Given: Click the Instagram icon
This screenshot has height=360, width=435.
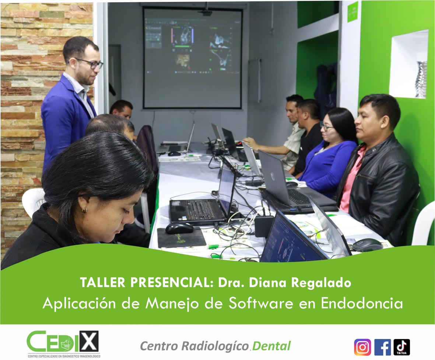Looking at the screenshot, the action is click(362, 347).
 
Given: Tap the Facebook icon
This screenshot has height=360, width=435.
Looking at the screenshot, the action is click(383, 347).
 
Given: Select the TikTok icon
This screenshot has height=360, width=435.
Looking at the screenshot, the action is click(402, 347).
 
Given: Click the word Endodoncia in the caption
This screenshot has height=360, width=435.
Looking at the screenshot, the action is click(362, 303).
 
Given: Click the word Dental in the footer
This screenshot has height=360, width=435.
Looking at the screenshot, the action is click(271, 346).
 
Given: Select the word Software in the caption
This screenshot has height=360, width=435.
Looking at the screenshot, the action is click(261, 303).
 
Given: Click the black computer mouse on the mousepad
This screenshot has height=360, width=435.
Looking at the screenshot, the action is click(179, 228).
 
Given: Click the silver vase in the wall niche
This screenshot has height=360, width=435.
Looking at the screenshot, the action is click(421, 79).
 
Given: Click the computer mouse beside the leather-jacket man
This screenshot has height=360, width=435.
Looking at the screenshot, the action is click(368, 245).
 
